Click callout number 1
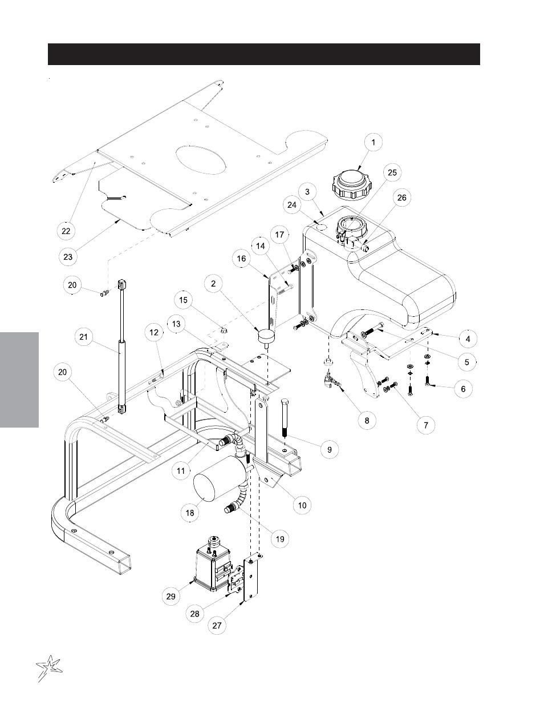tap(374, 142)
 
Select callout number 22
tap(67, 231)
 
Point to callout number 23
tap(68, 257)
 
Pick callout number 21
tap(83, 337)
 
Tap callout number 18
tap(190, 513)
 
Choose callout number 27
tap(217, 625)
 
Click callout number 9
tap(330, 450)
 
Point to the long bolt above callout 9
tap(285, 423)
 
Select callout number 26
tap(403, 198)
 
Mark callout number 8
tap(367, 420)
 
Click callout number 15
tap(183, 300)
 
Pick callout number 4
tap(468, 338)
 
